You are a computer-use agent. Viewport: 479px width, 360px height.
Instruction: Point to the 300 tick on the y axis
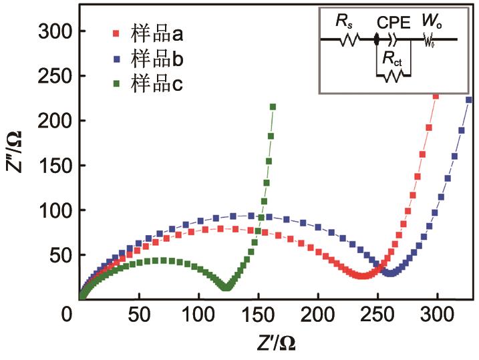point(57,31)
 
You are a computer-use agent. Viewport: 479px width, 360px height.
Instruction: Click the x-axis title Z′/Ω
point(275,343)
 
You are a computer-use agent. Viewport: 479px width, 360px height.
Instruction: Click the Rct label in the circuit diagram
point(392,58)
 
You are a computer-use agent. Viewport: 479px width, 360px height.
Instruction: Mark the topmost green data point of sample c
point(273,107)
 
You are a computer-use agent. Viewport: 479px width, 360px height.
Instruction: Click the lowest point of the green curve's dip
point(226,287)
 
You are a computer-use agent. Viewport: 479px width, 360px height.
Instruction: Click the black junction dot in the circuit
point(377,39)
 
